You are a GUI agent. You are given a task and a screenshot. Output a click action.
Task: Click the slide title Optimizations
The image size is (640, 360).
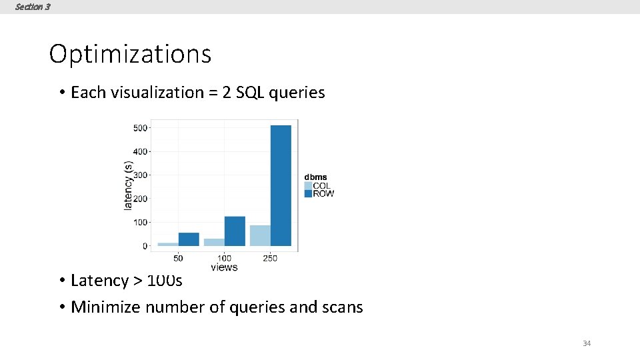pos(130,54)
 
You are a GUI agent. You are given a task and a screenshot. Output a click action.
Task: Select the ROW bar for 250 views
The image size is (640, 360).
pos(281,185)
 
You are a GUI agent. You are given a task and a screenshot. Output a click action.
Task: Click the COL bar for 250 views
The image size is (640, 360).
pos(260,235)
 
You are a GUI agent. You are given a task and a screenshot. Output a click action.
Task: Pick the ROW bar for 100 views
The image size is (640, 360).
pos(235,231)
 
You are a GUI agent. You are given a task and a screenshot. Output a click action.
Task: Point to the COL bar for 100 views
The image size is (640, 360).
pos(214,242)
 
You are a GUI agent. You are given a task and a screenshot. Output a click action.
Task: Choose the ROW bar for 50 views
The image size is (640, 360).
pos(189,239)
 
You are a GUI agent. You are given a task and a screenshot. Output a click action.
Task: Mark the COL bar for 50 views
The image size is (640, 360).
pos(168,244)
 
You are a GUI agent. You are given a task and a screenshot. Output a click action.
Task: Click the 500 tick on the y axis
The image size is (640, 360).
pos(140,128)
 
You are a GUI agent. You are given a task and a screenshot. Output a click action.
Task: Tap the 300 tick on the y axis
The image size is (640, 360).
pos(140,175)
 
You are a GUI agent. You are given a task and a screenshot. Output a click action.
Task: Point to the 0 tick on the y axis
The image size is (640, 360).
pos(145,246)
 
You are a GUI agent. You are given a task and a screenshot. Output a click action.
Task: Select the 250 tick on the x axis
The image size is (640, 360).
pos(270,258)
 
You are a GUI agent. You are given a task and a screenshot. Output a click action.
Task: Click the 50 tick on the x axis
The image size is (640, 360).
pos(178,258)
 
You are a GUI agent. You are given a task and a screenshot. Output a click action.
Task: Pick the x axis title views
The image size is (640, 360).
pos(224,267)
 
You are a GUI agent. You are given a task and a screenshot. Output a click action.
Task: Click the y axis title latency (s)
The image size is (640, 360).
pos(128,185)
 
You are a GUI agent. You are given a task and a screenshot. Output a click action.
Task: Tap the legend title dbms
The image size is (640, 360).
pos(316,177)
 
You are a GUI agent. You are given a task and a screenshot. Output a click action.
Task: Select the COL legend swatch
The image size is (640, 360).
pos(308,186)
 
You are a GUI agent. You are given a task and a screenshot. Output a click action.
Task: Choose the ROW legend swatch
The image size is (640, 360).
pos(308,193)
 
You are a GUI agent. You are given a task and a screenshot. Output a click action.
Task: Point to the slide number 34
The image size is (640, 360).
pos(587,343)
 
